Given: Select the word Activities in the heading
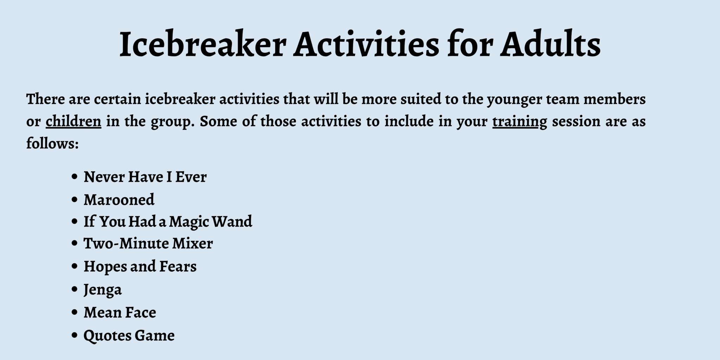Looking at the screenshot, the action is (366, 44).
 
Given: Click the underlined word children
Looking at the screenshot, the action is (73, 122).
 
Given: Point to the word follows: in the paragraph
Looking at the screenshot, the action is (52, 143).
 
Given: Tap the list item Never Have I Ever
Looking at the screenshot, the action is (145, 177).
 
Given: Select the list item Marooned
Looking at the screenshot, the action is (119, 200).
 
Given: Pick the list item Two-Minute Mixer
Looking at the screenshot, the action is (148, 244).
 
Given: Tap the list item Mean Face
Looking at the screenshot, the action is (120, 313).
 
